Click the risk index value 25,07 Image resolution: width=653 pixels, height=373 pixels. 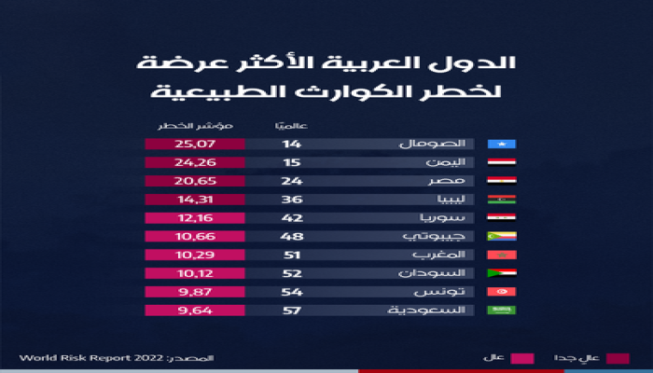(194, 145)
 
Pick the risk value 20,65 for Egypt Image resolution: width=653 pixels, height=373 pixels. (194, 181)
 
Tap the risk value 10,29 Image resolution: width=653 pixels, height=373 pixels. (194, 255)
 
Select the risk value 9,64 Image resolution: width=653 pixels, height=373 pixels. (194, 310)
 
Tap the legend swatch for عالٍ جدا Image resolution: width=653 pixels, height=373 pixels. (617, 357)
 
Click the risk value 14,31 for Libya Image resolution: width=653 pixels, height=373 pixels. (194, 200)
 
